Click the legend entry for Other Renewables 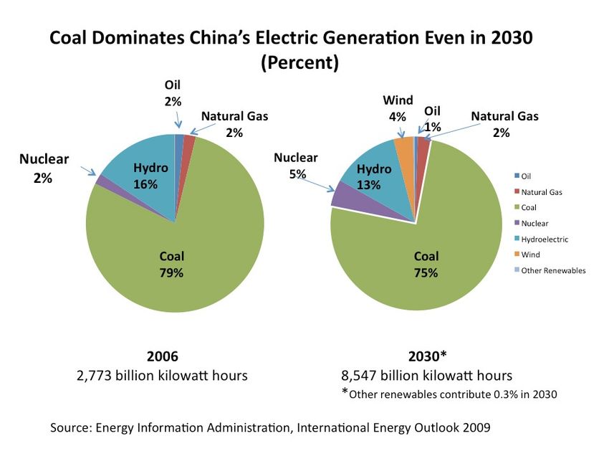pos(552,270)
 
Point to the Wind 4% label pos(398,108)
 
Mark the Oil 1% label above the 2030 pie pos(432,119)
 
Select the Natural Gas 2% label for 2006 pos(234,124)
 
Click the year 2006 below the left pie pos(162,356)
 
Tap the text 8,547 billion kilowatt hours pos(426,375)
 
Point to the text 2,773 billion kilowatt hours pos(162,375)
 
